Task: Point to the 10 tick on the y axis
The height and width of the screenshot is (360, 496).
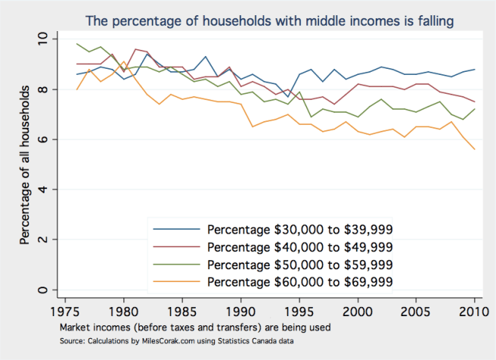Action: pyautogui.click(x=42, y=38)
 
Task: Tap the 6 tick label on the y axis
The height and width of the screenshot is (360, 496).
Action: pyautogui.click(x=42, y=139)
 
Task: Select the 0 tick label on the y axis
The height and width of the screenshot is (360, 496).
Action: pyautogui.click(x=42, y=290)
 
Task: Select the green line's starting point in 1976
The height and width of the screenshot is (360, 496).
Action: pyautogui.click(x=77, y=44)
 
